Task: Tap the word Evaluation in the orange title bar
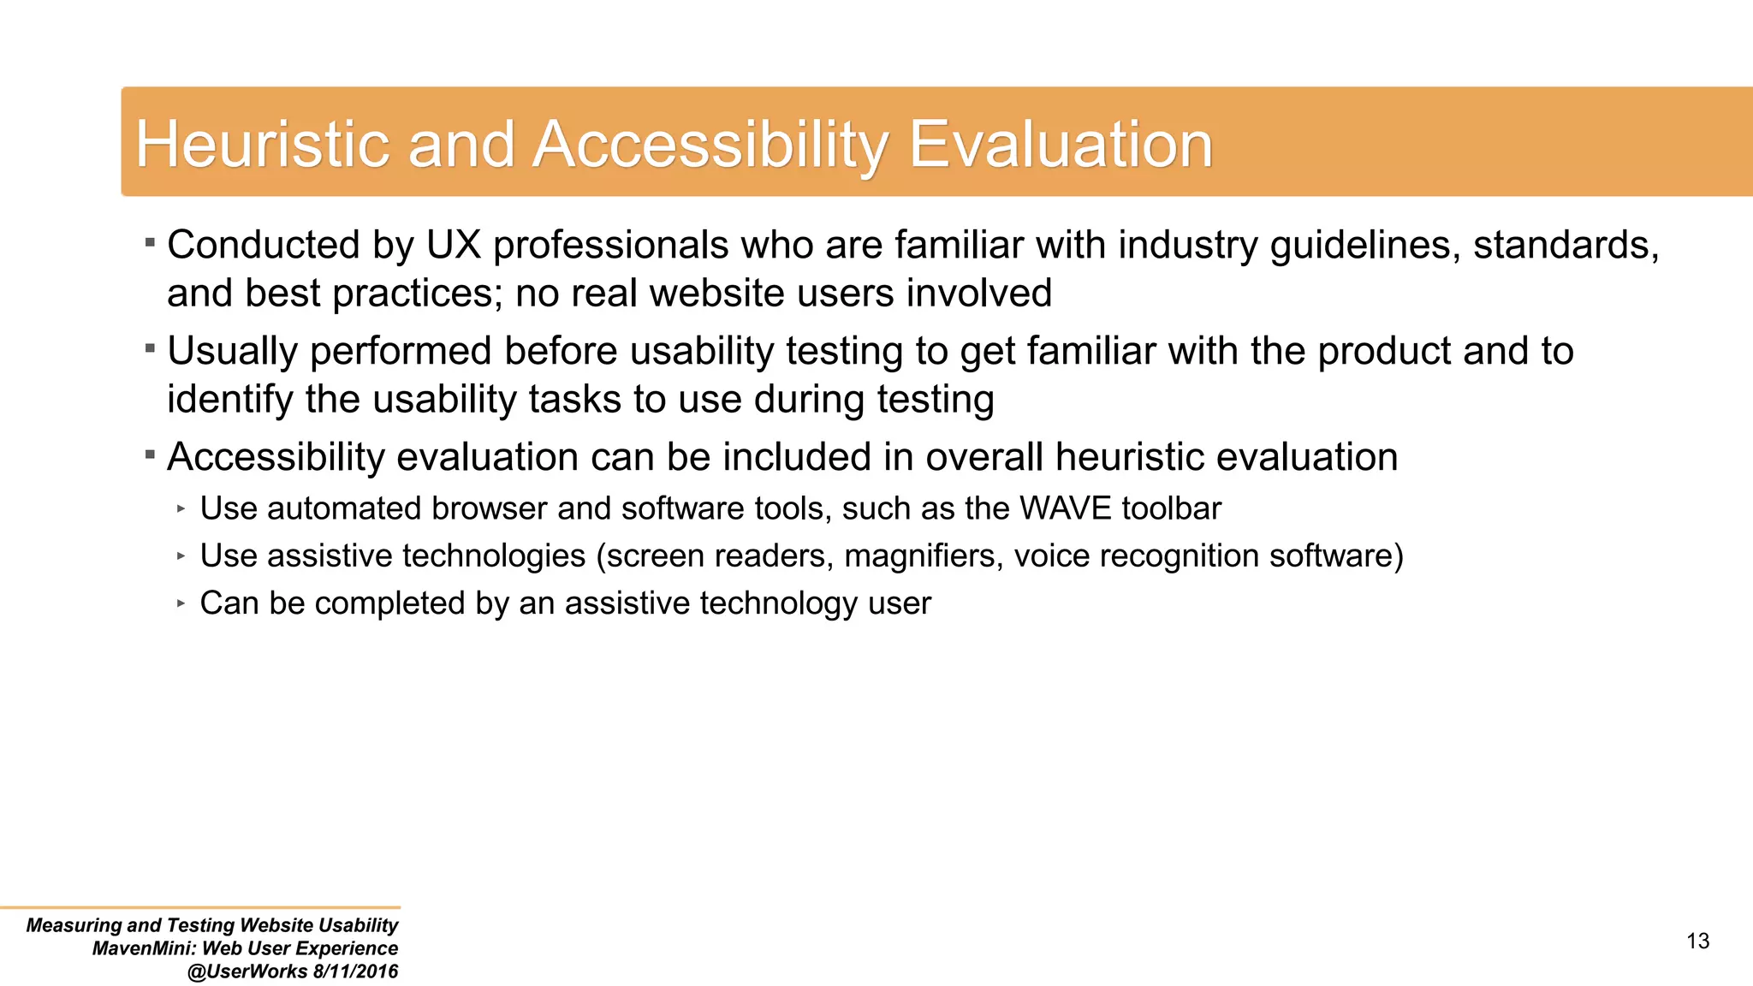(x=1060, y=144)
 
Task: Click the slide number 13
(x=1697, y=941)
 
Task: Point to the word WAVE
(x=1065, y=509)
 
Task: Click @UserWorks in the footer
(x=247, y=971)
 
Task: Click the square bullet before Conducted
(x=150, y=243)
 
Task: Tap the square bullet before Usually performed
(x=150, y=348)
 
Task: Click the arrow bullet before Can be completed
(x=181, y=603)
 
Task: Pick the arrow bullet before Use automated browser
(x=181, y=508)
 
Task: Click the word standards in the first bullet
(x=1566, y=246)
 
